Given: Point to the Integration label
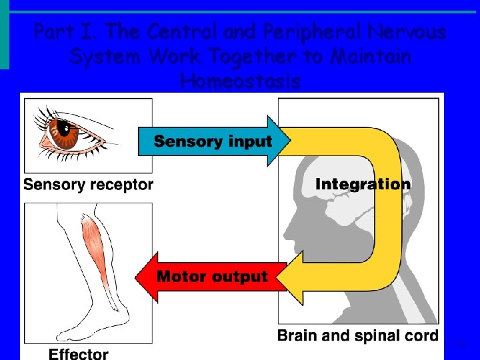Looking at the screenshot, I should [363, 184].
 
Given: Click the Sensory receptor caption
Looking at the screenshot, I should [88, 185].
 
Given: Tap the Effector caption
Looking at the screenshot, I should [78, 353].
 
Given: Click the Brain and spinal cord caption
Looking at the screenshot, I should [358, 335].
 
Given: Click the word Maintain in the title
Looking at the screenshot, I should [363, 57].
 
